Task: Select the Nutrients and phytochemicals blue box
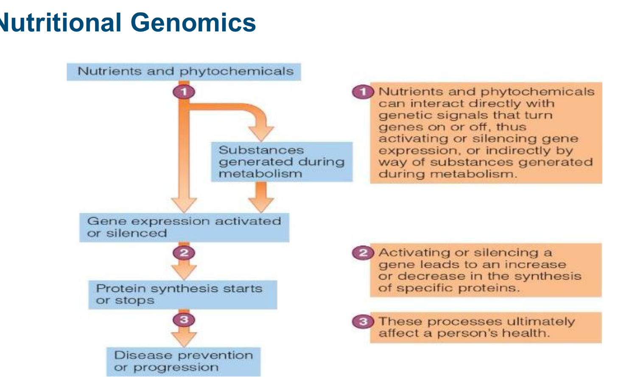(184, 72)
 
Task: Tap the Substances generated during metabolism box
(282, 162)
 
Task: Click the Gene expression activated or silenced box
(184, 227)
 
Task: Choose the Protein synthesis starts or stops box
(183, 295)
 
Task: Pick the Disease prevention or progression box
(184, 362)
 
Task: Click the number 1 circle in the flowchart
(184, 92)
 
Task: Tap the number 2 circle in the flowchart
(184, 253)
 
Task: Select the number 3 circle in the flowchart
(184, 320)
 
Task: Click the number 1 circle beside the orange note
(363, 92)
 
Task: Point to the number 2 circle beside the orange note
(363, 253)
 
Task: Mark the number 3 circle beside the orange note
(363, 321)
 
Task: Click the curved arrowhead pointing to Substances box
(261, 133)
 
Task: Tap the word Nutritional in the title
(59, 23)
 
